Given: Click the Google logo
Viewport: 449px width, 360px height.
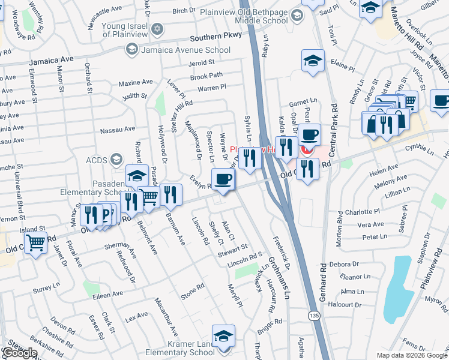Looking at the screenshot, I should (x=19, y=353).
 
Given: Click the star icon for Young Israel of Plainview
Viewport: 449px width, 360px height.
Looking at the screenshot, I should (x=157, y=29).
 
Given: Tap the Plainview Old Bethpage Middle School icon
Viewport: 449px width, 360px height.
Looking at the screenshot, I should (x=296, y=15).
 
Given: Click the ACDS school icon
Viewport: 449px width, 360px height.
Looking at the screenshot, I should (x=116, y=159).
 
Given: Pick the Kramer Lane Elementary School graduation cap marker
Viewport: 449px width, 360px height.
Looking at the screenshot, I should (x=223, y=337).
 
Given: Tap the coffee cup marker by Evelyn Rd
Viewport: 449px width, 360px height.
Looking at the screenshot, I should (x=223, y=179).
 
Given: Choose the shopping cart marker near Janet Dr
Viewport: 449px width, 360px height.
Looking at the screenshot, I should (x=36, y=243).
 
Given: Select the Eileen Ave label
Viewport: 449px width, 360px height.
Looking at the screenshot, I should (x=107, y=294).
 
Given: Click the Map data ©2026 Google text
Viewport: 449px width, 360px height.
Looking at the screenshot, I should (x=411, y=355).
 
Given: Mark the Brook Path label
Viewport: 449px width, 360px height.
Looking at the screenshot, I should (x=206, y=76).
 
